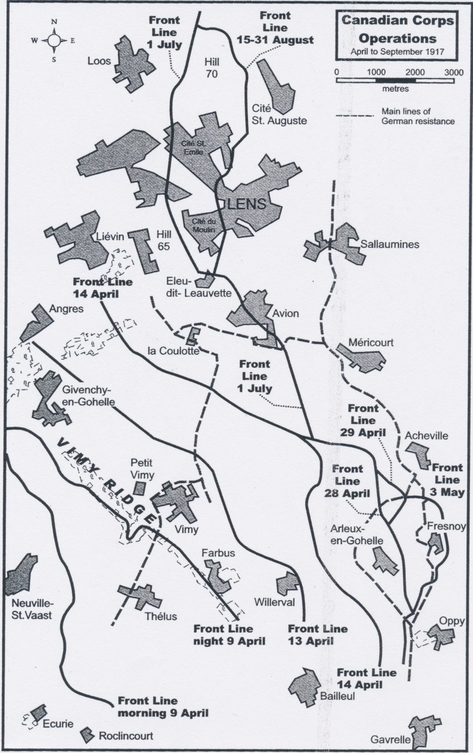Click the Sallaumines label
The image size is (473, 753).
pyautogui.click(x=390, y=244)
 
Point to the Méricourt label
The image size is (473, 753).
pyautogui.click(x=371, y=342)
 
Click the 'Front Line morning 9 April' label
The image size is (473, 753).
pyautogui.click(x=162, y=707)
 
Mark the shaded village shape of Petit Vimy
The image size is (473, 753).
pyautogui.click(x=141, y=487)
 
